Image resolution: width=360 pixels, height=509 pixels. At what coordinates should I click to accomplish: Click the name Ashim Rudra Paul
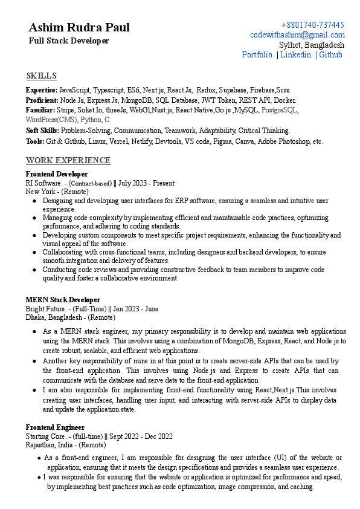(79, 28)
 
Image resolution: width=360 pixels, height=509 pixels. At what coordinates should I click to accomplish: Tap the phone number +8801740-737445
(313, 25)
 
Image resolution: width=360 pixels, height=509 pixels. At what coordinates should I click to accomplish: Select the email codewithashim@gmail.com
(297, 35)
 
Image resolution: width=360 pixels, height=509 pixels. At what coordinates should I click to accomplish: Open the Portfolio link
(257, 54)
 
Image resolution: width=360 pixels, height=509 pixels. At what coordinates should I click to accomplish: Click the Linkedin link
(296, 54)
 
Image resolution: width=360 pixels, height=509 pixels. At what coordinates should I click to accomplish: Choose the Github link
(330, 54)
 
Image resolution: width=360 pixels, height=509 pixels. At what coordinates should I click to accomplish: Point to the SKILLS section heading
(42, 76)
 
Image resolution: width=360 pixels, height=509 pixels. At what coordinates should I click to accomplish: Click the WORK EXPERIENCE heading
(68, 160)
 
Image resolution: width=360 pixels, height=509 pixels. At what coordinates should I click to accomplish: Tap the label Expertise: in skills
(42, 90)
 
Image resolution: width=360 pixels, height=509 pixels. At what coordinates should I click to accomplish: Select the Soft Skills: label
(42, 131)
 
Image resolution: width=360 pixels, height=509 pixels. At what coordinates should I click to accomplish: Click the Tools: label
(35, 141)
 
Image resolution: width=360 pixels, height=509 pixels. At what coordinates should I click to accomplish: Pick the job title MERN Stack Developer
(63, 300)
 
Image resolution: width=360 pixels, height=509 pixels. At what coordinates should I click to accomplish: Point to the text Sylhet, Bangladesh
(312, 45)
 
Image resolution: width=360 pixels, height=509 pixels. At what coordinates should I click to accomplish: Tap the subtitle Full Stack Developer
(69, 41)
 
